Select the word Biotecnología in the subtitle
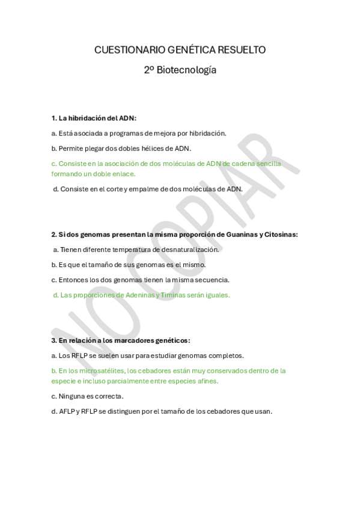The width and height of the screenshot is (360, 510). [186, 70]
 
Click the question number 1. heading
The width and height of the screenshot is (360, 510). [54, 118]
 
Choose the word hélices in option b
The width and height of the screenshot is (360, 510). [160, 148]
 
